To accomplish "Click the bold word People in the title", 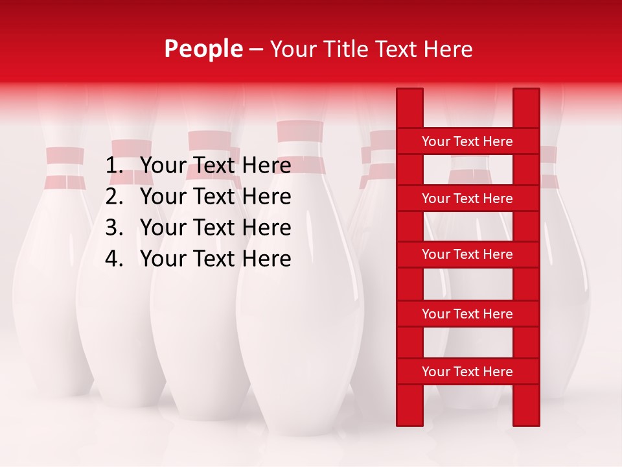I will (203, 49).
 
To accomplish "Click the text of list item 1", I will (215, 166).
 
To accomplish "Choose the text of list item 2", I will (215, 197).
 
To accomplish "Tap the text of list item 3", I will (215, 228).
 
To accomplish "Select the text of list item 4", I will (215, 259).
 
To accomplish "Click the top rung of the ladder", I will (467, 141).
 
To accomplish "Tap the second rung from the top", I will (467, 198).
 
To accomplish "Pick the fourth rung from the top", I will (467, 314).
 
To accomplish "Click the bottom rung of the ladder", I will (467, 372).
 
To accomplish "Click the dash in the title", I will (256, 49).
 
